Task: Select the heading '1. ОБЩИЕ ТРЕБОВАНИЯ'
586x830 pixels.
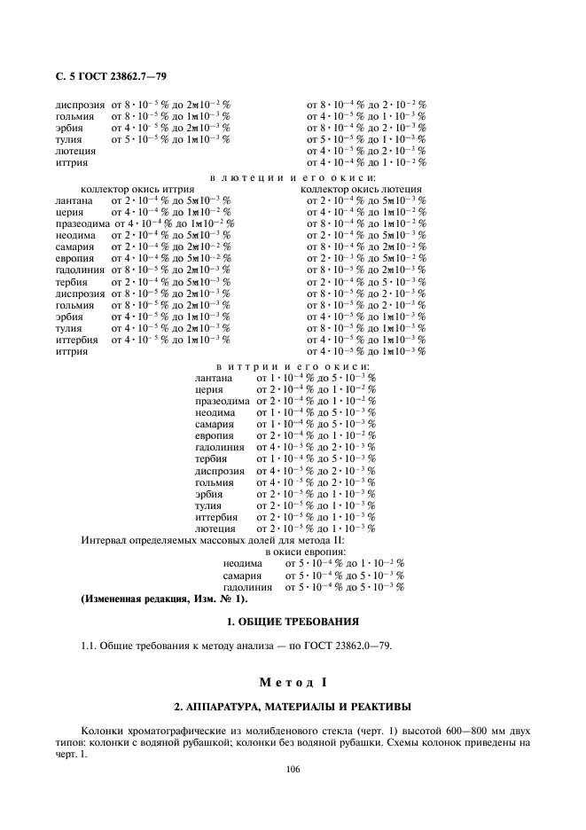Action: [x=293, y=620]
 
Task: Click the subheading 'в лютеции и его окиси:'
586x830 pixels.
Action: [x=292, y=177]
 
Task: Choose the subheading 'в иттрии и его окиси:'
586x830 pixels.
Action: [x=293, y=366]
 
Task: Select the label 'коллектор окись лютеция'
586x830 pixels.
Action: [x=361, y=189]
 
